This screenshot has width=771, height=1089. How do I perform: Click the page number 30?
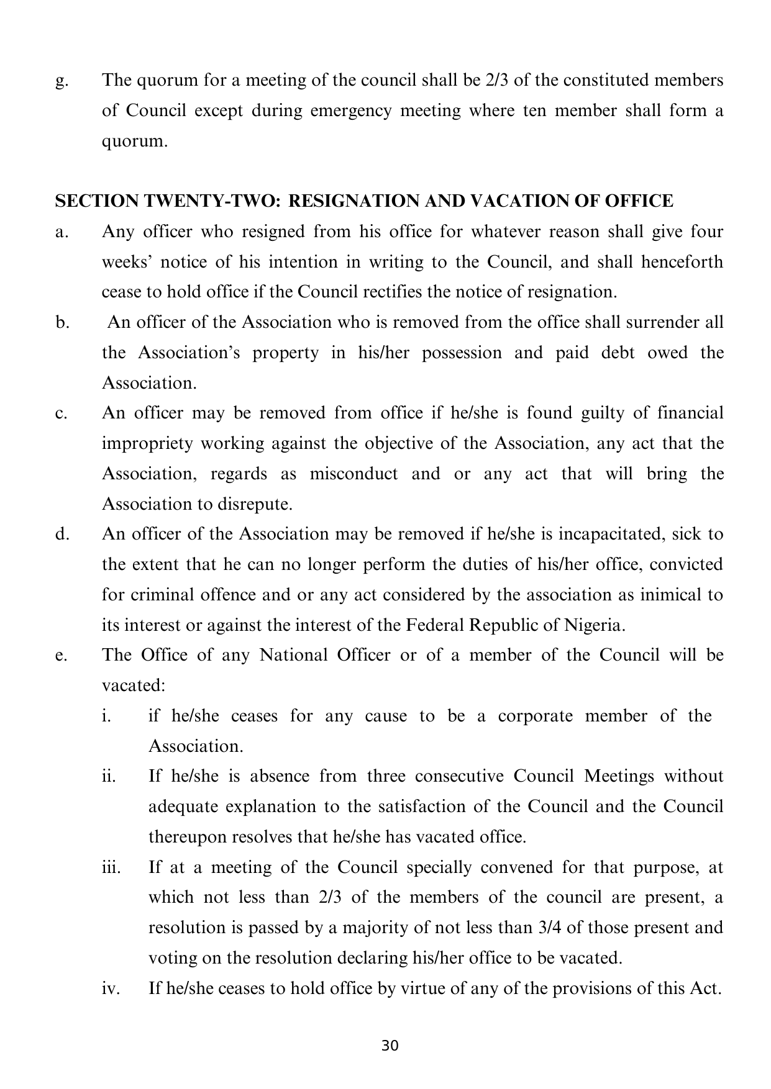click(x=390, y=1046)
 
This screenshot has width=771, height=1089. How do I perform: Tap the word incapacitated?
click(x=607, y=534)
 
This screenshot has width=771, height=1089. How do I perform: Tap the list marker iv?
click(x=109, y=988)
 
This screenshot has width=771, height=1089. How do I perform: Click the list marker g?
click(x=60, y=81)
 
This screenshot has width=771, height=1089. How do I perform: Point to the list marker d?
click(x=61, y=534)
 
